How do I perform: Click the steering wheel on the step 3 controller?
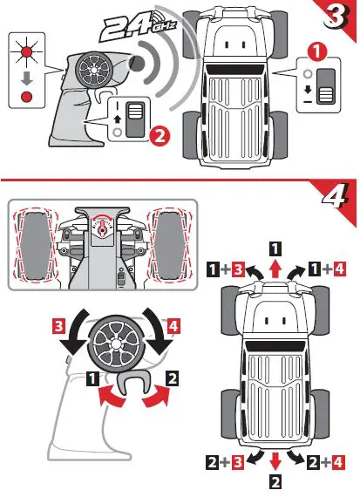click(96, 71)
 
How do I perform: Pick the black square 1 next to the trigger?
click(92, 378)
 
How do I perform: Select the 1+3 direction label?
click(225, 269)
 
